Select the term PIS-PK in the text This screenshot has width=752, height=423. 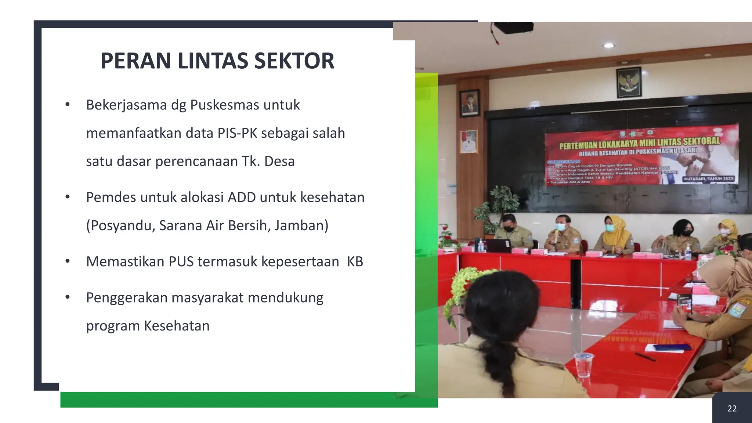click(x=237, y=133)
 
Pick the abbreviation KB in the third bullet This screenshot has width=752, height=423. click(x=355, y=262)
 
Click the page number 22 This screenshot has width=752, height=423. click(x=732, y=409)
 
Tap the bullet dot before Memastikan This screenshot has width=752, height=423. click(x=67, y=261)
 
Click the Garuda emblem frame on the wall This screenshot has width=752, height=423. click(x=629, y=82)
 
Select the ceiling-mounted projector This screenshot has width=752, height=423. click(x=513, y=28)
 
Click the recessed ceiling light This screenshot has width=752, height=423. click(x=609, y=46)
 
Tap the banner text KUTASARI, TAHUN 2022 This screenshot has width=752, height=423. click(x=708, y=179)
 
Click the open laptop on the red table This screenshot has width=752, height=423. click(x=498, y=245)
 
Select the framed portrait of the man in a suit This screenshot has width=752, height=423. click(x=469, y=103)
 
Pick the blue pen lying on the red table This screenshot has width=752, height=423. click(x=645, y=356)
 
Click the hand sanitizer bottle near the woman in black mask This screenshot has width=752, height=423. click(x=688, y=252)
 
